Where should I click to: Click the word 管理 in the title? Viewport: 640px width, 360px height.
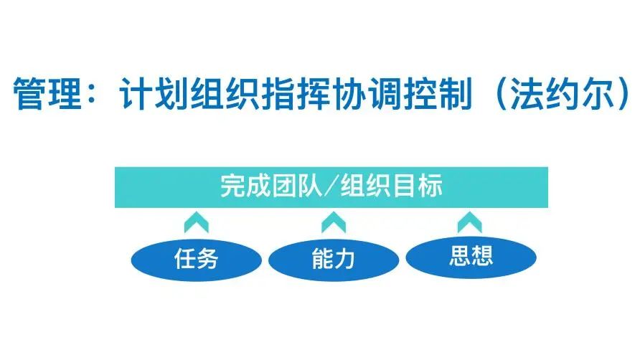(47, 93)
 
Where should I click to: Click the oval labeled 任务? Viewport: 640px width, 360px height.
(197, 260)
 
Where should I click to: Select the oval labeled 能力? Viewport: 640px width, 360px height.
(334, 260)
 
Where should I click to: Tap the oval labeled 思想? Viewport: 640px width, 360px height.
(471, 257)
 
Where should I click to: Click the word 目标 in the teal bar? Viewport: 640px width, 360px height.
(417, 186)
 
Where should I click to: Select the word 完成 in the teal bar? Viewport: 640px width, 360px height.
(245, 186)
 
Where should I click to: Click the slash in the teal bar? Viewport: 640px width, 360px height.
(331, 186)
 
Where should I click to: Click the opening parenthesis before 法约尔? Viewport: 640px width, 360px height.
(501, 94)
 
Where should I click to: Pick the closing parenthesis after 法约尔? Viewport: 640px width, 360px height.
(624, 94)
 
